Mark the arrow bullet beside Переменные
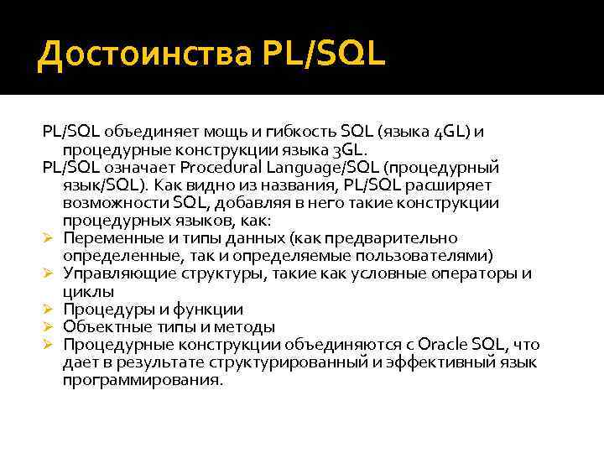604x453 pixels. click(x=49, y=239)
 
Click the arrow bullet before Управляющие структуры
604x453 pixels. click(x=49, y=274)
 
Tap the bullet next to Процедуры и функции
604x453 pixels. click(x=49, y=310)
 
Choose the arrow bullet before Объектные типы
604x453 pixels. click(x=49, y=327)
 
